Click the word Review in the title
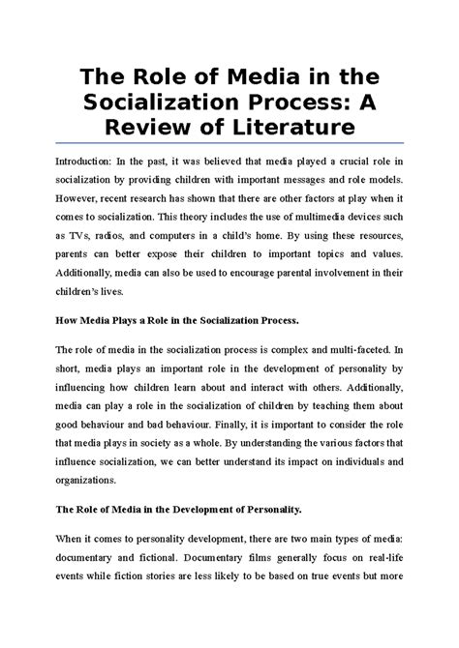[154, 129]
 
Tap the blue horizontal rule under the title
[229, 147]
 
